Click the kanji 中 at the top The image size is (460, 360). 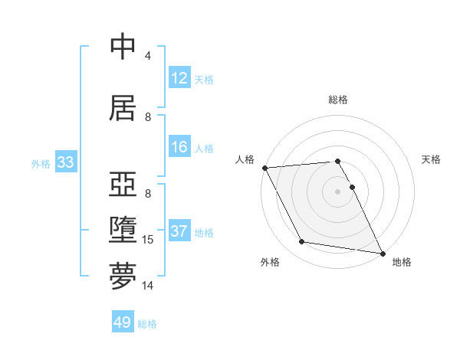[123, 47]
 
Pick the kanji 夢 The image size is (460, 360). [123, 276]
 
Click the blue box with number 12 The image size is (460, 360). [179, 78]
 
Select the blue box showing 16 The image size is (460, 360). [179, 147]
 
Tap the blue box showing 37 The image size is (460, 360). [179, 231]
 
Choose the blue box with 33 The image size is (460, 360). [65, 162]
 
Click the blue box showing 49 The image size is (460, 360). [123, 322]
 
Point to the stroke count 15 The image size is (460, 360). [148, 240]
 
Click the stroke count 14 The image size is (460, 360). [148, 286]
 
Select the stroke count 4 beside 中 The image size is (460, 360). [148, 56]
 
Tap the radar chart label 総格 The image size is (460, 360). [337, 100]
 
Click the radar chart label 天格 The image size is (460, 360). [431, 159]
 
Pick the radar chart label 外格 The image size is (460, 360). [269, 262]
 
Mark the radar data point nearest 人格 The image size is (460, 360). [264, 168]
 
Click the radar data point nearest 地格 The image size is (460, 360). [382, 253]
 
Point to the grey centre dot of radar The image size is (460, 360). [337, 191]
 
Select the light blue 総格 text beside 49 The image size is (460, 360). [147, 324]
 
